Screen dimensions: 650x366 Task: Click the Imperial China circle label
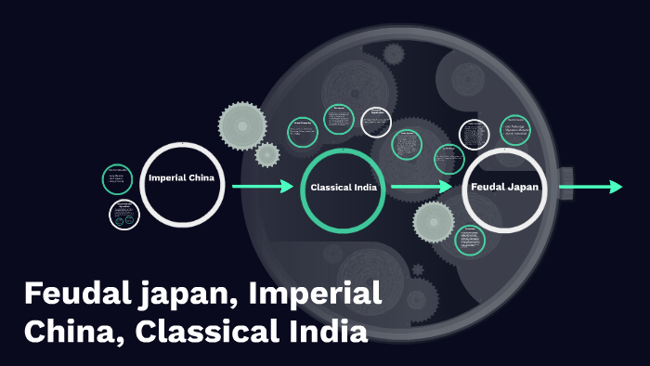[183, 177]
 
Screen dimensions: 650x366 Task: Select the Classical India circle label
[343, 187]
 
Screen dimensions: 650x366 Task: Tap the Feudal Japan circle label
[504, 187]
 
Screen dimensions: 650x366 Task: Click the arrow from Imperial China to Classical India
[262, 187]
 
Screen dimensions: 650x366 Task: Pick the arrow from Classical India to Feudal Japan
[422, 187]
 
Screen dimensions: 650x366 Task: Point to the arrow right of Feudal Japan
[591, 187]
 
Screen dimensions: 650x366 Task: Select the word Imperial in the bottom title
[318, 295]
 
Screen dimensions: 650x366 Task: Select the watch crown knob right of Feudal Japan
[566, 176]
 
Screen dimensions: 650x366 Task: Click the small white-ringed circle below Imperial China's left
[123, 216]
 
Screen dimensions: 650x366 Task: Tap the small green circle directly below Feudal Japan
[471, 240]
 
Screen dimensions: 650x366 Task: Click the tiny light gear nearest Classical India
[267, 154]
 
